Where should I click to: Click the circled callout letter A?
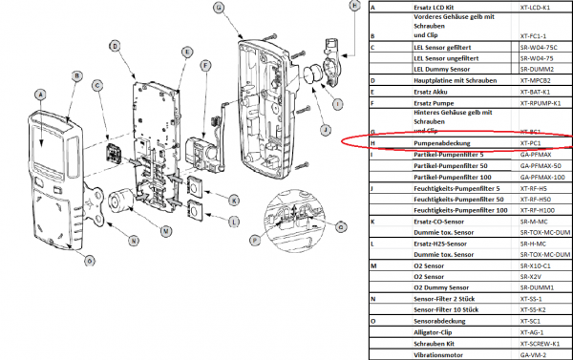point(39,94)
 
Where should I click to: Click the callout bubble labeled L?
point(234,222)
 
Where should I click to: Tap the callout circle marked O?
point(90,260)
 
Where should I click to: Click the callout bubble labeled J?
point(325,130)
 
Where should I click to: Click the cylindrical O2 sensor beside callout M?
point(120,202)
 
